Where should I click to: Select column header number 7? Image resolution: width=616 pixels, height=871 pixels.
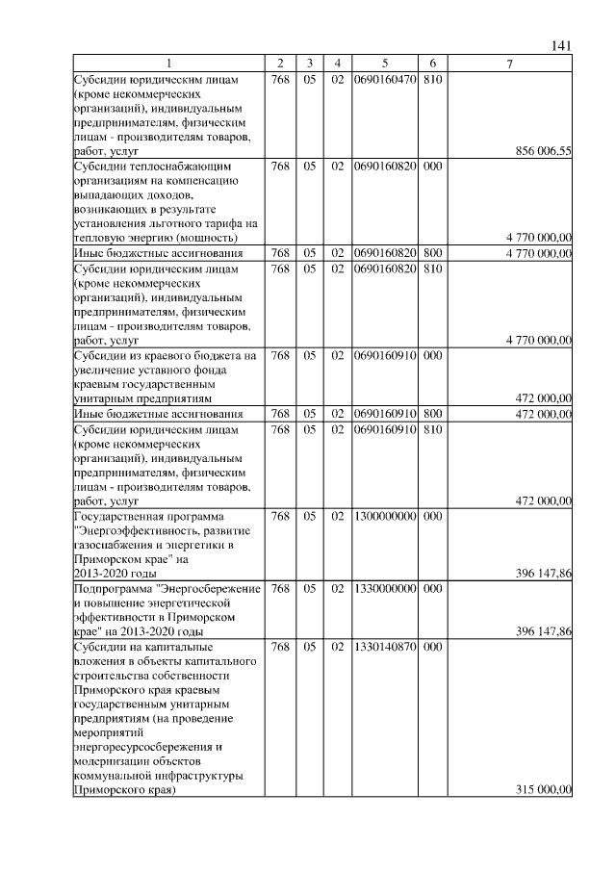[510, 64]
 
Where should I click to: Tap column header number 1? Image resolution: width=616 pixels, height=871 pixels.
[169, 64]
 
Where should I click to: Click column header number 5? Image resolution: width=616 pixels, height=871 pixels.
[384, 64]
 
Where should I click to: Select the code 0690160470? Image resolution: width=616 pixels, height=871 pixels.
[384, 79]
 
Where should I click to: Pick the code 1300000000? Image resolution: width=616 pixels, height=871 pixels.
[384, 516]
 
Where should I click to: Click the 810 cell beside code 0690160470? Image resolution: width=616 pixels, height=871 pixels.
[432, 79]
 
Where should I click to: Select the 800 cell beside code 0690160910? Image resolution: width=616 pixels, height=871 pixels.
[432, 414]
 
